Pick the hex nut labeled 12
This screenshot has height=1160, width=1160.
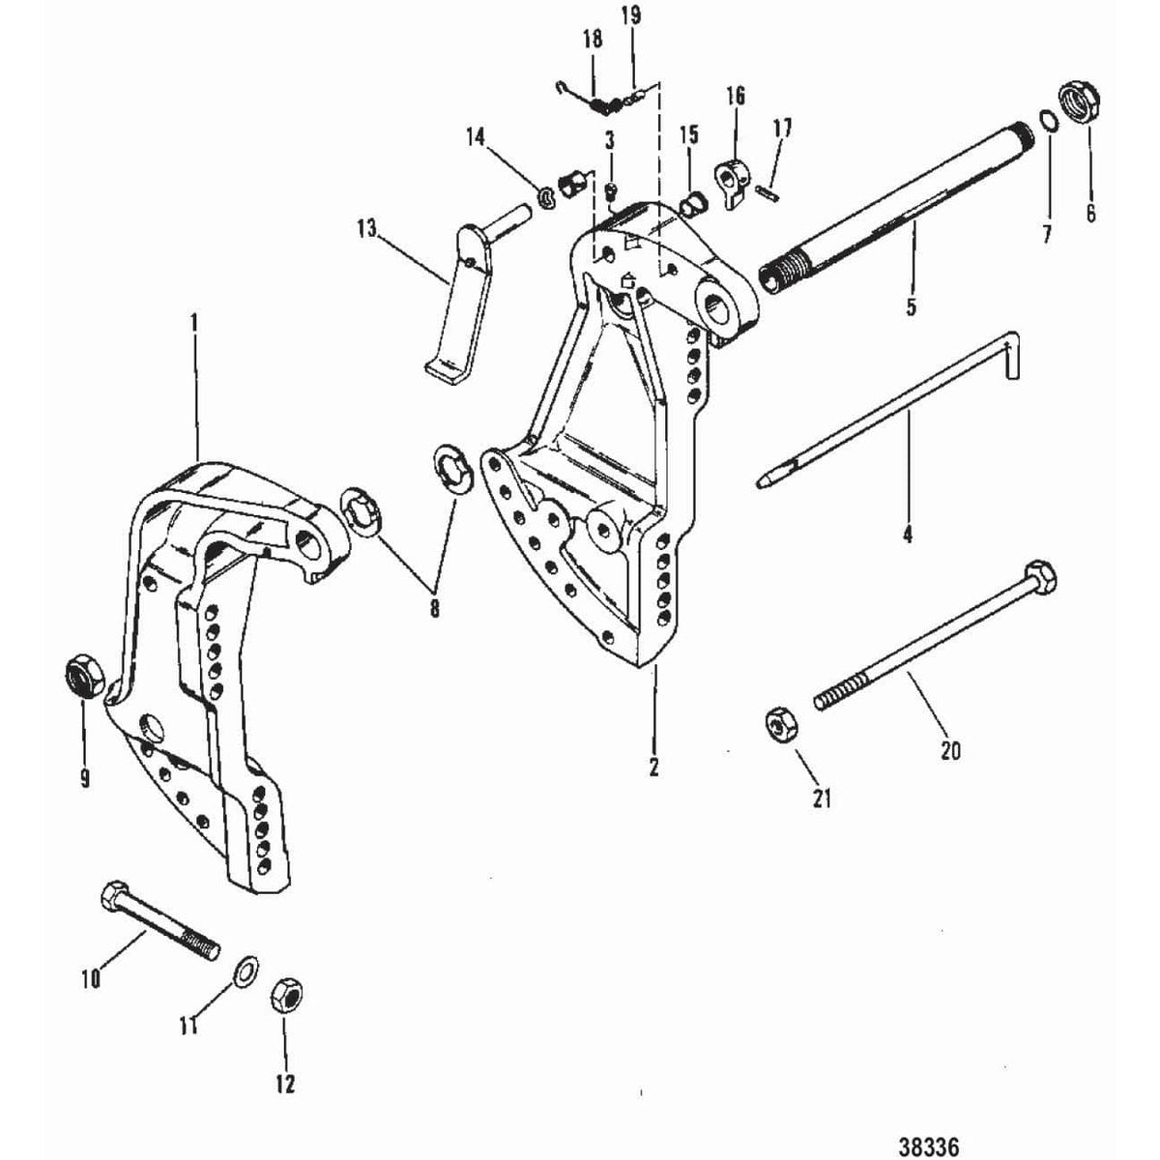(285, 994)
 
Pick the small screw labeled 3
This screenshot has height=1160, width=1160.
(611, 190)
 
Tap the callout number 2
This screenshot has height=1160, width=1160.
(654, 767)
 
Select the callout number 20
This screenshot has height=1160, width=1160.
(950, 749)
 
